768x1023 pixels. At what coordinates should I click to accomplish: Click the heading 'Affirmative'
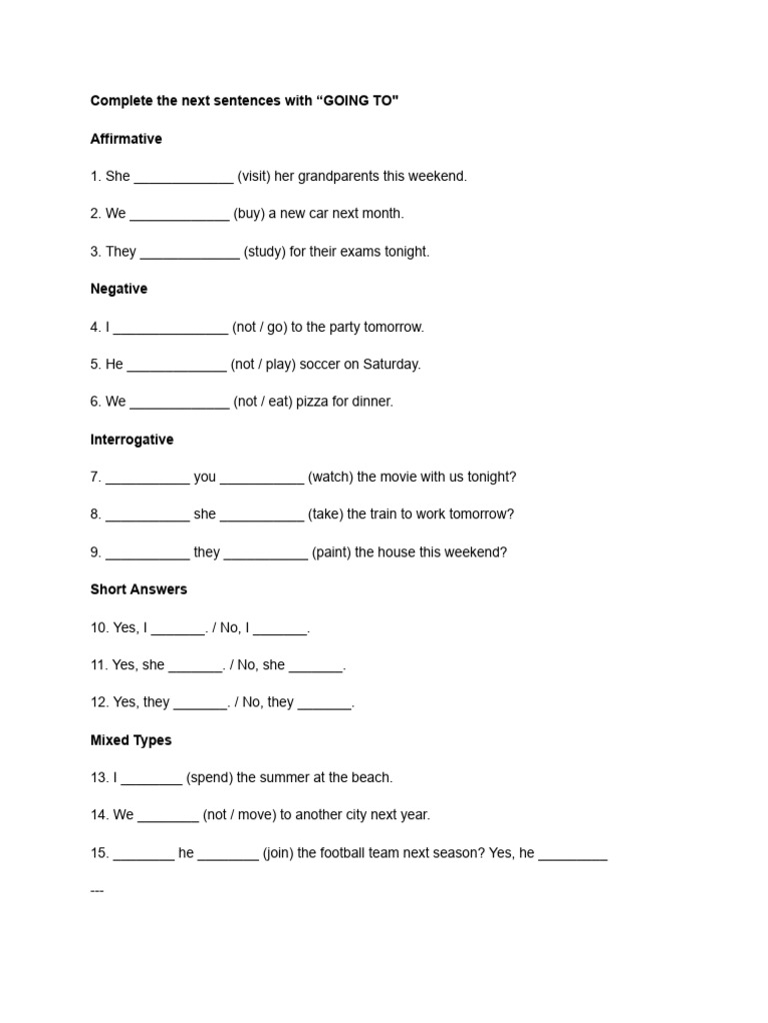126,139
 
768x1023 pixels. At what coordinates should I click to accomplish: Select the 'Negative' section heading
119,289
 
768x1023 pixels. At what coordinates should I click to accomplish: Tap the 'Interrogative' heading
132,440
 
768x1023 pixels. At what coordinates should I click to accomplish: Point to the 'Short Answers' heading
139,589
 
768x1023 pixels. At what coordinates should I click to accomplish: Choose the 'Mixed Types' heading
131,740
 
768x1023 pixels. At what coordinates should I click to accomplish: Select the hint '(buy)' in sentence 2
249,214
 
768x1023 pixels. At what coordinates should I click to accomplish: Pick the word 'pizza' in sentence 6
313,402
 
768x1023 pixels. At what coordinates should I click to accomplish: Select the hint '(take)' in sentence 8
325,514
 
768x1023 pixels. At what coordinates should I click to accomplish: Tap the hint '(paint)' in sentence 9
331,552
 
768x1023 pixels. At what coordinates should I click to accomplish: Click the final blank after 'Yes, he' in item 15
573,855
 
